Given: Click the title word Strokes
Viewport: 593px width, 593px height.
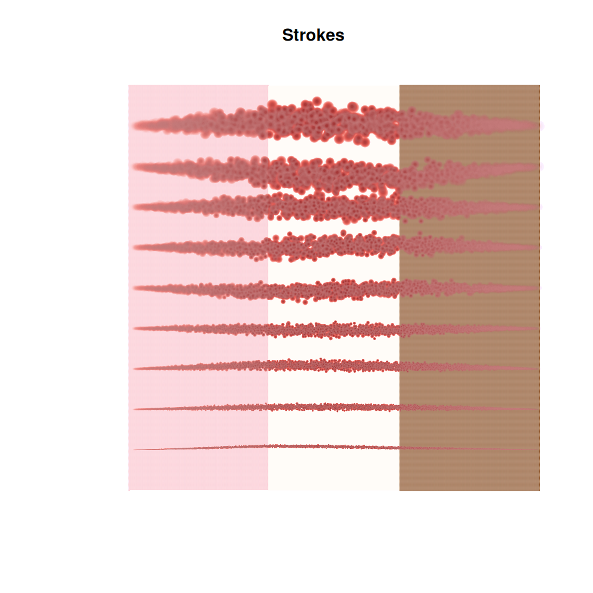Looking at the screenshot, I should click(313, 35).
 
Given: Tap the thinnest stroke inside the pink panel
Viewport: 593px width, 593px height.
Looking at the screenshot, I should click(200, 448).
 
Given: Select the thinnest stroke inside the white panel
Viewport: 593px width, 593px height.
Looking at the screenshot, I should click(334, 447).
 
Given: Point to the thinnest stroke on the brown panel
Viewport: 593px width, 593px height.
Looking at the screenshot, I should click(469, 449).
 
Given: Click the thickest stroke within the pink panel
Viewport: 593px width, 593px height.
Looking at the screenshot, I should click(200, 124).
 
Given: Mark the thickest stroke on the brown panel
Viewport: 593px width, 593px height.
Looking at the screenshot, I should click(469, 124).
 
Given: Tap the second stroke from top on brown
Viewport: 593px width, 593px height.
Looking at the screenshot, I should click(469, 171).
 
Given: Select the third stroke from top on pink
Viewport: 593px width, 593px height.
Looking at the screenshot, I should click(200, 206).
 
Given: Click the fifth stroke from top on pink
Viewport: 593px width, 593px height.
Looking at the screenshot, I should click(200, 288).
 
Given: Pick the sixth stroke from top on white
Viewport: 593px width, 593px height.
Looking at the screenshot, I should click(334, 329).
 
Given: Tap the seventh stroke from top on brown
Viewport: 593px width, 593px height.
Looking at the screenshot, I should click(469, 368).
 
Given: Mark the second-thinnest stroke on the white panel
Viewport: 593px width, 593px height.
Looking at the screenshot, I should click(334, 407).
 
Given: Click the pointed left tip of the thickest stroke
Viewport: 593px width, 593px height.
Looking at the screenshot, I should click(134, 125).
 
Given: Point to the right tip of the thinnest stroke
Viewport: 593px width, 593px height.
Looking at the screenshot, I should click(537, 450).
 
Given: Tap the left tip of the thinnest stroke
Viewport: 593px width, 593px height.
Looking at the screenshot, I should click(135, 450).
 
